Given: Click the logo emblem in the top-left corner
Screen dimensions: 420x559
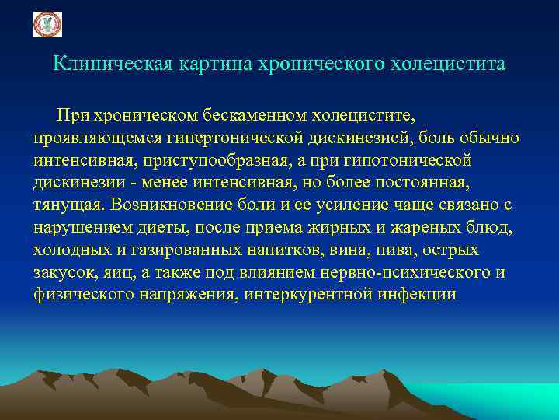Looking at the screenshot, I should click(47, 24).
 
